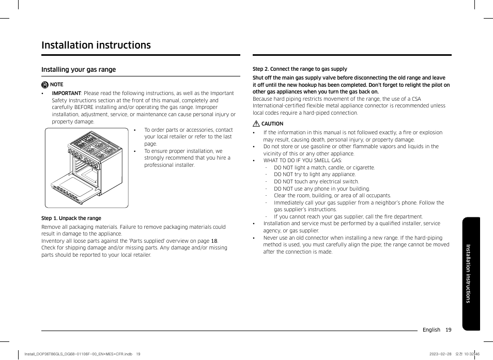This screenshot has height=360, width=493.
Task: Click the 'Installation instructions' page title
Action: point(96,45)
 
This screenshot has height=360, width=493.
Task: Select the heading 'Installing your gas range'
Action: point(79,69)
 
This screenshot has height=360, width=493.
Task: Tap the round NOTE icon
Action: point(45,85)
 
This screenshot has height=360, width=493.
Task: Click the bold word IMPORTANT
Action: point(66,93)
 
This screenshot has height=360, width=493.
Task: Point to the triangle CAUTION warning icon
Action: point(256,123)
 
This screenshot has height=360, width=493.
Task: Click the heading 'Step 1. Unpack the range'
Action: point(71,218)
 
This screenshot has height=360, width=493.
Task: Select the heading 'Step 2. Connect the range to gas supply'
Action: point(300,69)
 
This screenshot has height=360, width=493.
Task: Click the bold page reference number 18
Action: point(214,241)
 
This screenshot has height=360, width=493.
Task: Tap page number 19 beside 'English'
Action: point(449,330)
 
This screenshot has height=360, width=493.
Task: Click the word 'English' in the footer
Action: point(432,330)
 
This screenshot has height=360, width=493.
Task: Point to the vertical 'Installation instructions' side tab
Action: point(471,274)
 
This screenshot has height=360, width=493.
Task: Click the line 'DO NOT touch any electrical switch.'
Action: point(316,182)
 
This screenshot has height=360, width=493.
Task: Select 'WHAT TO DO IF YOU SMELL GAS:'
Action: point(303,161)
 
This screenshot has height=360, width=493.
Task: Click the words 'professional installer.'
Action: point(170,165)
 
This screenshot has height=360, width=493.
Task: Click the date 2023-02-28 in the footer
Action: point(440,354)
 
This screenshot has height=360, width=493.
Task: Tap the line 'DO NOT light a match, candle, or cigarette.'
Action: point(325,168)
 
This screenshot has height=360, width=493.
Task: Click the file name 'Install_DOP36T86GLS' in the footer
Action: point(44,354)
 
